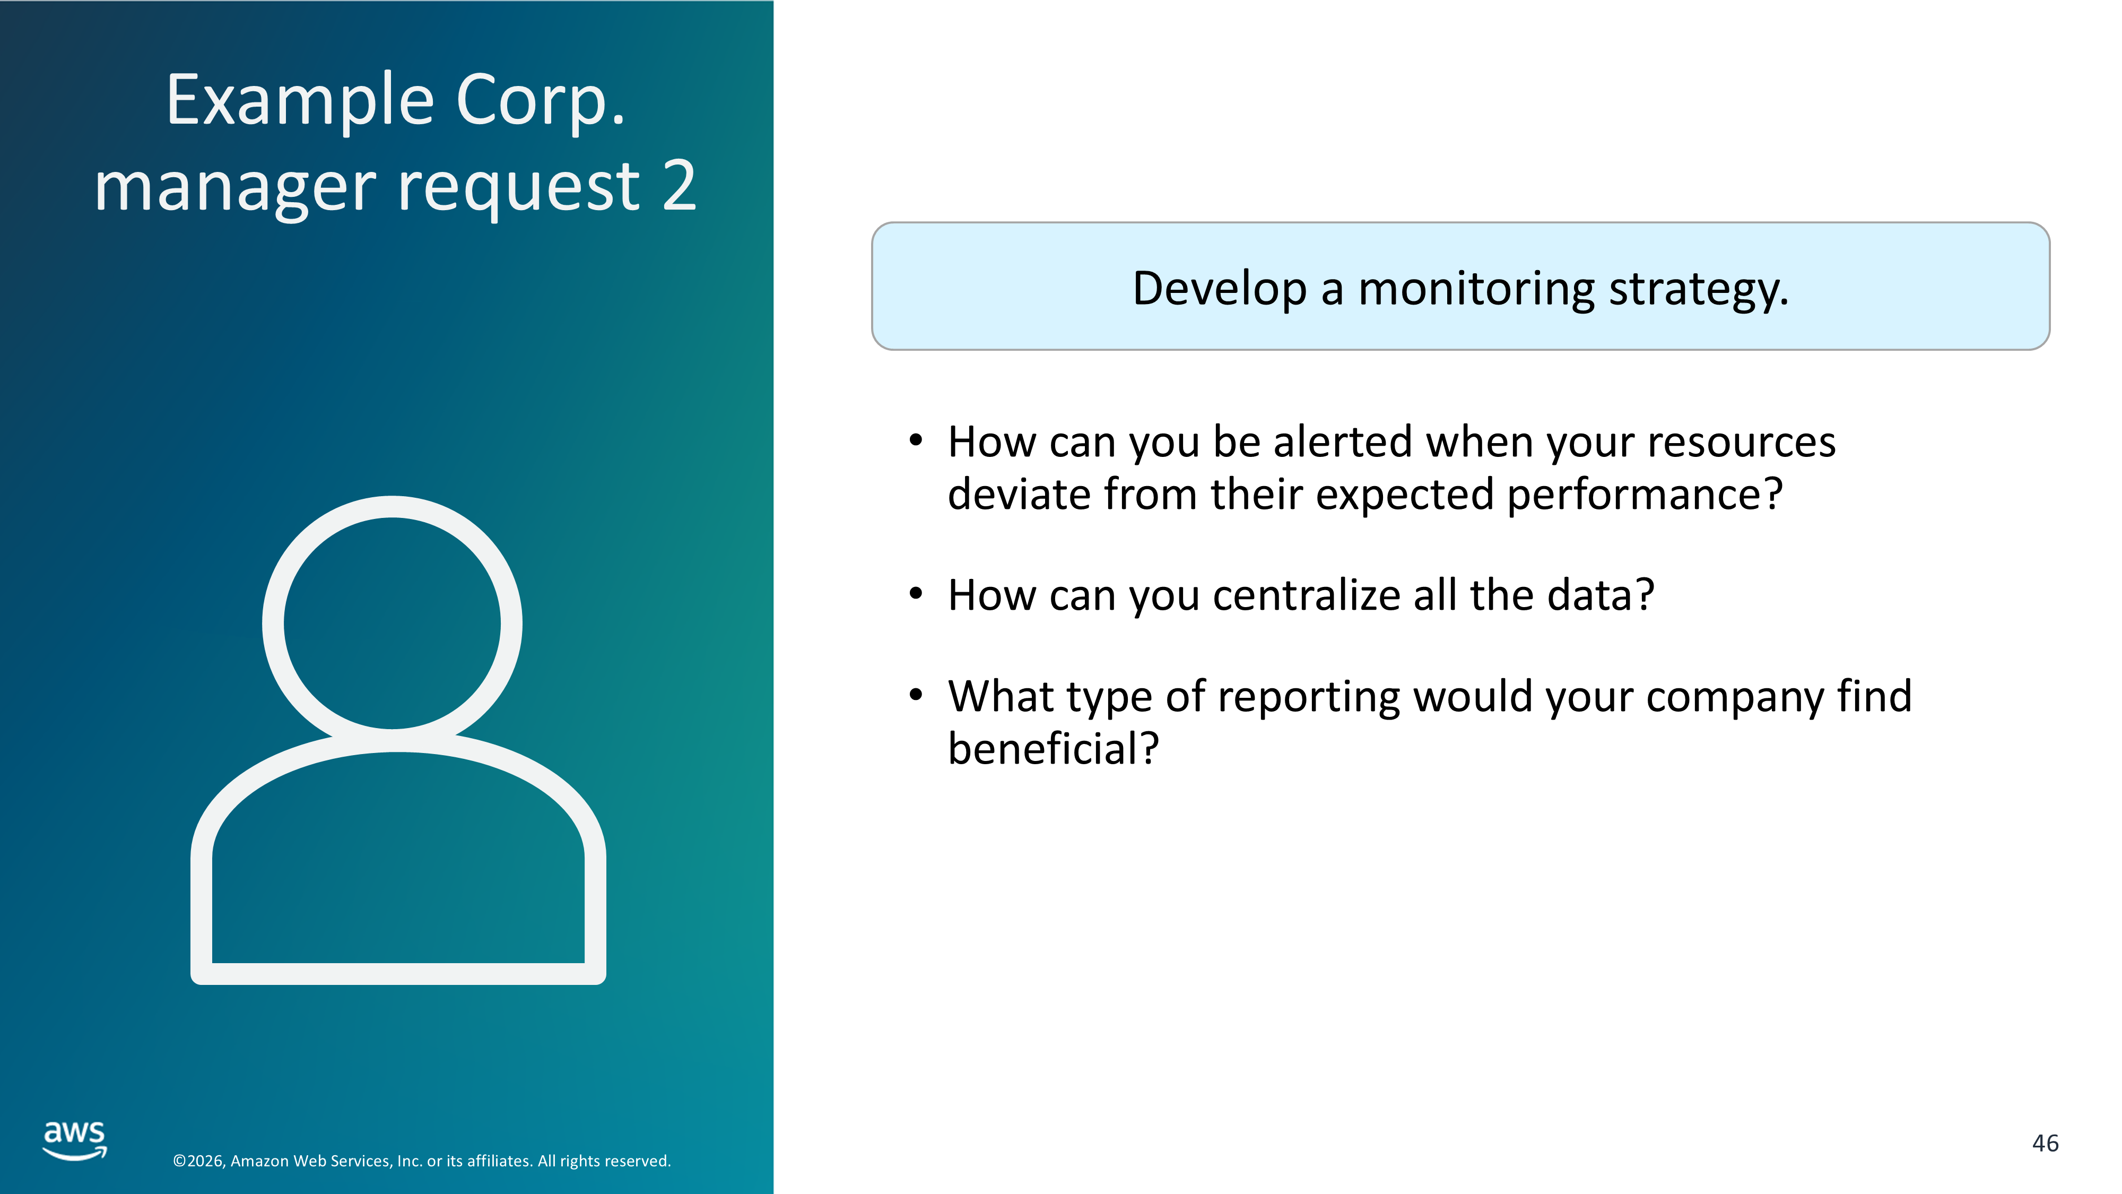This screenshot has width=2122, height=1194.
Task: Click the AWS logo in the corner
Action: tap(75, 1140)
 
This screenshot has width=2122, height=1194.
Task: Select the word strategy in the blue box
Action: tap(1699, 291)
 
